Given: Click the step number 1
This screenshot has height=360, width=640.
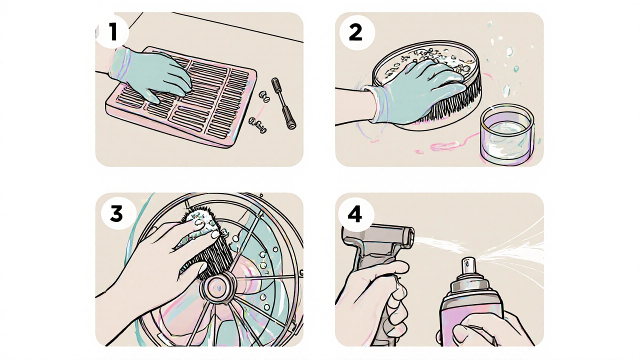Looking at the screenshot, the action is pyautogui.click(x=113, y=31).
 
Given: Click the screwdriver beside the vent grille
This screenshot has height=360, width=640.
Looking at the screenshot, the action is pyautogui.click(x=283, y=103).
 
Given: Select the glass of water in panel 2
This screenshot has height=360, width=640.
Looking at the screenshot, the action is pyautogui.click(x=506, y=134).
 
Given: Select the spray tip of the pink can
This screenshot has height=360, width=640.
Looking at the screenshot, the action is pyautogui.click(x=469, y=265).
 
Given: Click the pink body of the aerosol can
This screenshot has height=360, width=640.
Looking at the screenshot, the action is pyautogui.click(x=471, y=314).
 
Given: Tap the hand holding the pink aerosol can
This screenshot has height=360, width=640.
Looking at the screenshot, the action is pyautogui.click(x=485, y=328).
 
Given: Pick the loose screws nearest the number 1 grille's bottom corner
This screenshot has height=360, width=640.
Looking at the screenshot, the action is pyautogui.click(x=257, y=125).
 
